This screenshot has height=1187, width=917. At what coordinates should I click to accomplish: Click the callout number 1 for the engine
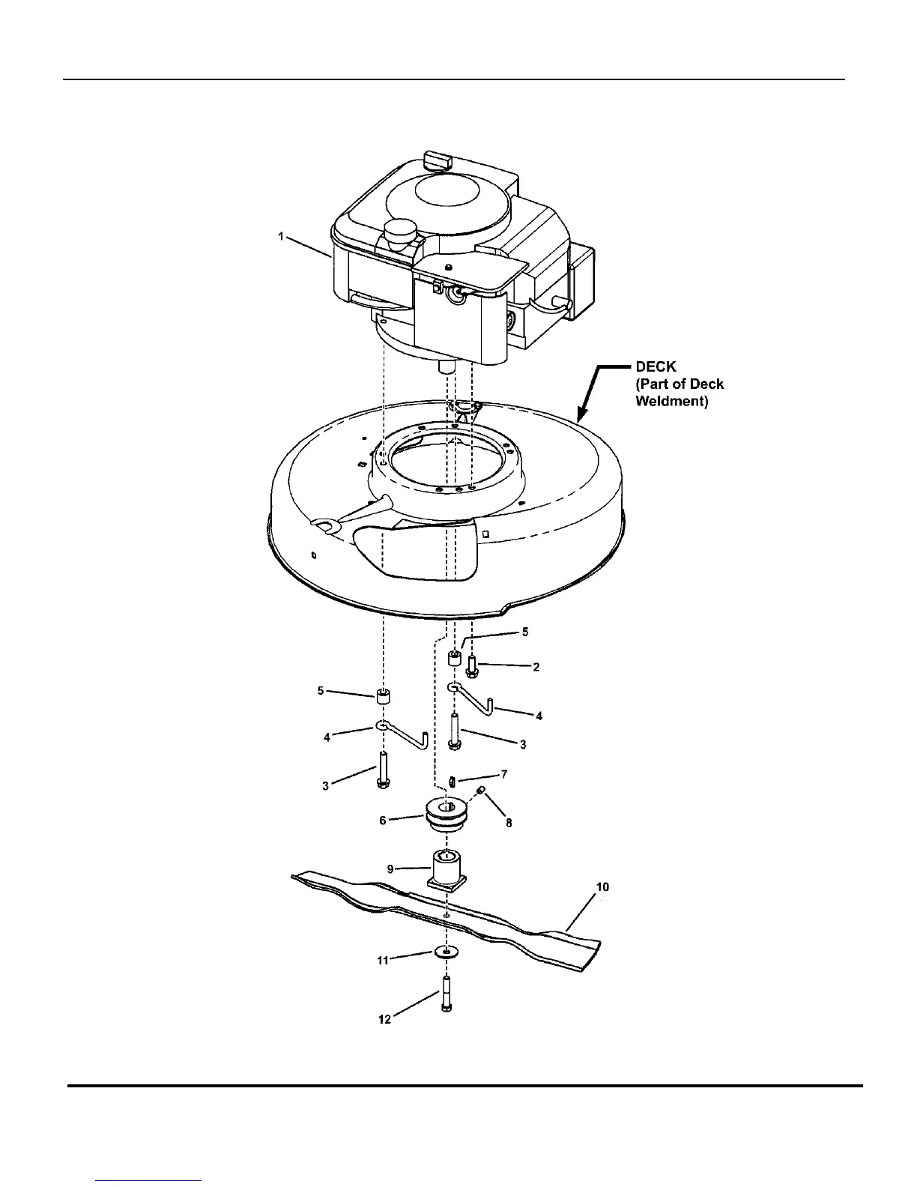[x=281, y=236]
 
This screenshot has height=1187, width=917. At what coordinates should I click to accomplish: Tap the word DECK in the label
[x=656, y=366]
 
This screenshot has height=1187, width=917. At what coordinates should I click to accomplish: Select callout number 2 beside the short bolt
[x=536, y=666]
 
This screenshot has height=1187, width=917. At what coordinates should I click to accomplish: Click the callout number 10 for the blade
[x=602, y=887]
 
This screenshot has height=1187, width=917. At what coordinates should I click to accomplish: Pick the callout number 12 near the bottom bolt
[x=384, y=1020]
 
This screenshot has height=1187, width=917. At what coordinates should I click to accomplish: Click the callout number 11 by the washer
[x=383, y=960]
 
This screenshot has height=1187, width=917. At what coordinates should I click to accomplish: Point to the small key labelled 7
[x=453, y=782]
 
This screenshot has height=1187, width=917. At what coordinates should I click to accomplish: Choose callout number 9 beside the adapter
[x=390, y=869]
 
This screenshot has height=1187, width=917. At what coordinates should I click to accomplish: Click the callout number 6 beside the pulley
[x=383, y=821]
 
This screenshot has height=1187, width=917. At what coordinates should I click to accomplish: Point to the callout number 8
[x=509, y=822]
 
